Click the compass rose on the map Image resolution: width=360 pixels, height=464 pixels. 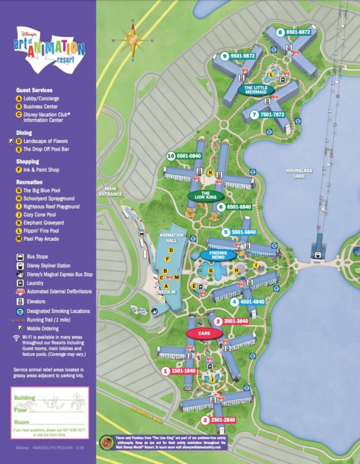[x=133, y=40]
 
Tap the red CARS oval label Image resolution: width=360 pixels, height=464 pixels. [x=204, y=333]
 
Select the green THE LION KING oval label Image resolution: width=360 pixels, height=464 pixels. [x=205, y=196]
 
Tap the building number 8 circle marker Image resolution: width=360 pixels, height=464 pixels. [x=280, y=32]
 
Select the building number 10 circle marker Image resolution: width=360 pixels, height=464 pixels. [x=171, y=156]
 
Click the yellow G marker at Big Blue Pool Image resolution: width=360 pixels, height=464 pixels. [x=211, y=271]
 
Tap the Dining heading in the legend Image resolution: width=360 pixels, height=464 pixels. [x=24, y=133]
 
